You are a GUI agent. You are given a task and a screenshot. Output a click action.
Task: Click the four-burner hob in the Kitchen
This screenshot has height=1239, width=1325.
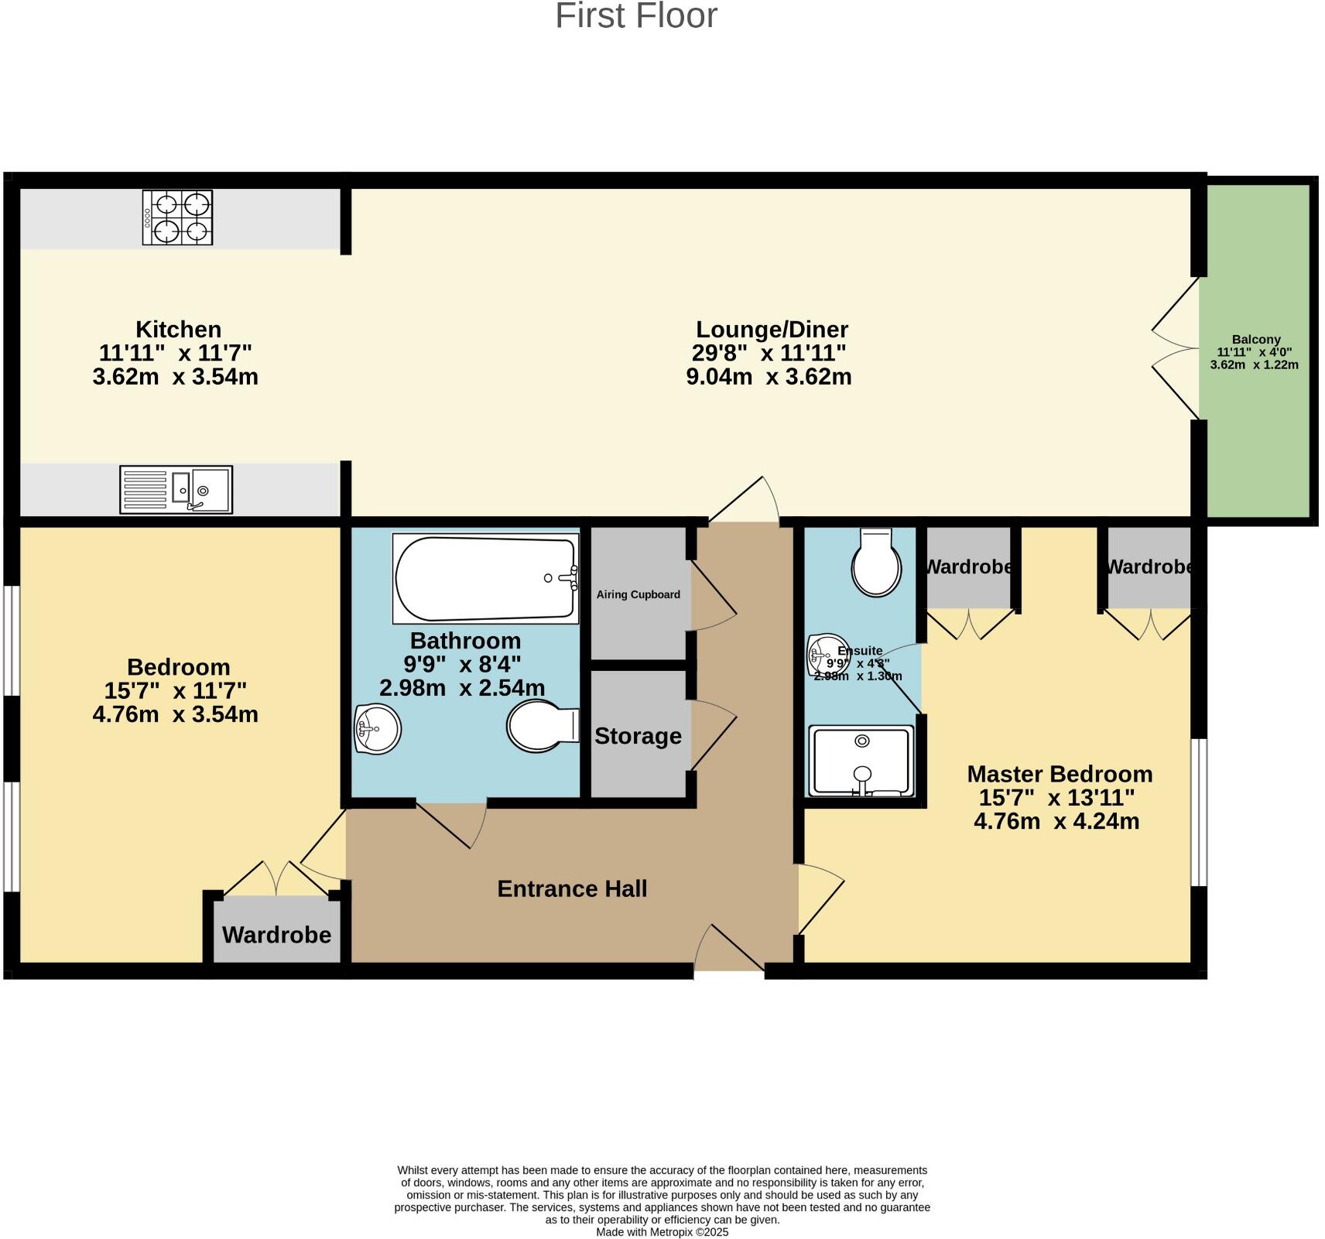[177, 218]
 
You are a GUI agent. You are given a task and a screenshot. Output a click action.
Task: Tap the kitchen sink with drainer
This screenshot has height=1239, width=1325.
[176, 489]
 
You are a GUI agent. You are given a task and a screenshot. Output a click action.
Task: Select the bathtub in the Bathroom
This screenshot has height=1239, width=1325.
[485, 578]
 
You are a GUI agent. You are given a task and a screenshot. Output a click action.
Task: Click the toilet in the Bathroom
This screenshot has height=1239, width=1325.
[542, 726]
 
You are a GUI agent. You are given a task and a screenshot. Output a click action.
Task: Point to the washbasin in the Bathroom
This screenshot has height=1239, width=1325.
[377, 728]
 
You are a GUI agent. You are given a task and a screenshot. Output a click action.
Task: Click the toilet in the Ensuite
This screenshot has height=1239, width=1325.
[876, 563]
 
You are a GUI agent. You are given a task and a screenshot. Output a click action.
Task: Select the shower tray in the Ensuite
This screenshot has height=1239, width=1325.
[861, 761]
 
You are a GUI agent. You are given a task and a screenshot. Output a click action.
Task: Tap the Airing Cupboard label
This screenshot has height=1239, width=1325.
[638, 594]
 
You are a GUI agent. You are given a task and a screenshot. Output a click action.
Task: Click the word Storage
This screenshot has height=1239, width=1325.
[638, 736]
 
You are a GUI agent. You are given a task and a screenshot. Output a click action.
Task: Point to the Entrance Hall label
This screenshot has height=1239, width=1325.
[572, 888]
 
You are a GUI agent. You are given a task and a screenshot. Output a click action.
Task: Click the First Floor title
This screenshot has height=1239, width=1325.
[636, 16]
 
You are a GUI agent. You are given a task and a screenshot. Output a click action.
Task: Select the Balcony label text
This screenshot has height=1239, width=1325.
[1255, 339]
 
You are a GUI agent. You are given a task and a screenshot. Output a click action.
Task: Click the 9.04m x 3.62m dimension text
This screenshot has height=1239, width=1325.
[769, 377]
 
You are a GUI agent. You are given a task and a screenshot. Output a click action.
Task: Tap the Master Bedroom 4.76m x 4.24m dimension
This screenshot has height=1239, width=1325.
[1056, 821]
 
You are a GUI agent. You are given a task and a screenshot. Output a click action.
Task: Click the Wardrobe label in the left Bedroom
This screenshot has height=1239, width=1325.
[276, 935]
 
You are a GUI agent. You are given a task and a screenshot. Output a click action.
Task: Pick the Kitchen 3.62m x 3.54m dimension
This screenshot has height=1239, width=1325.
[175, 377]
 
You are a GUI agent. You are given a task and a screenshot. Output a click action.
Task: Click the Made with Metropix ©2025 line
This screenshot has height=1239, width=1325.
[662, 1232]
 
